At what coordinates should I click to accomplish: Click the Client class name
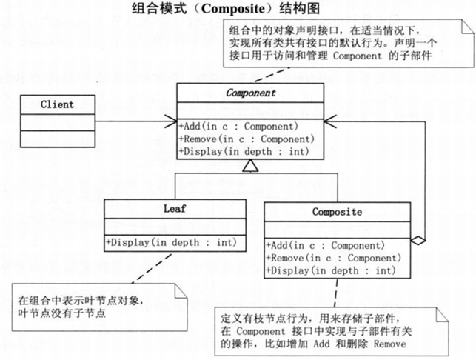[x=57, y=104]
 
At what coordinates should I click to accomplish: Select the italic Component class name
[x=250, y=94]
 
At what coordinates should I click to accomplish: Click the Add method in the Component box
[x=238, y=125]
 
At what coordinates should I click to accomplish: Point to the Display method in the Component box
[x=241, y=152]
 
